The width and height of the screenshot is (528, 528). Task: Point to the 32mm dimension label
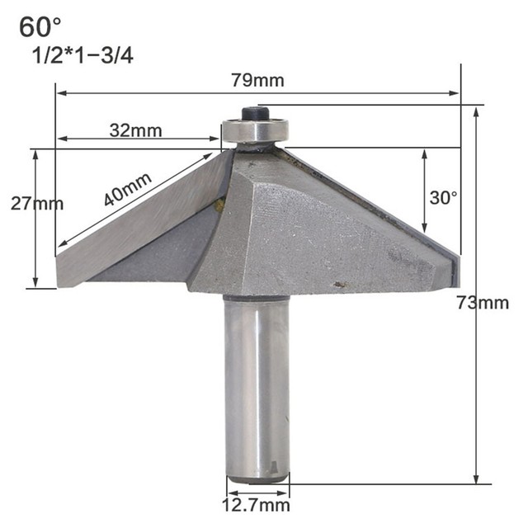[x=134, y=130]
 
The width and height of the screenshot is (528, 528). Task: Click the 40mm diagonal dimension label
[x=128, y=187]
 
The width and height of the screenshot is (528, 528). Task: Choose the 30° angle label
[x=444, y=198]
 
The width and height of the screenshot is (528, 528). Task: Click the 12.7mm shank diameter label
[x=257, y=505]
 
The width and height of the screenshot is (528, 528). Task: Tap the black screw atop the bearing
[x=255, y=114]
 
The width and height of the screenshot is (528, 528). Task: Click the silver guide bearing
[x=255, y=132]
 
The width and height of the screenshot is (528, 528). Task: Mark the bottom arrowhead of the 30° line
[x=424, y=229]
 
